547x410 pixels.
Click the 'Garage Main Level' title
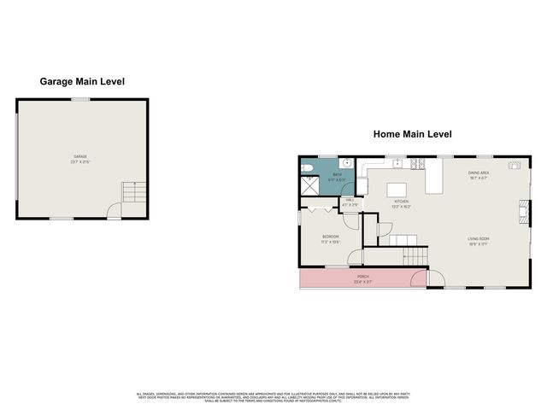click(83, 82)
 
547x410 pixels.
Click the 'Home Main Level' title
click(411, 134)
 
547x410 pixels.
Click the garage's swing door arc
click(114, 211)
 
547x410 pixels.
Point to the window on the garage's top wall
click(81, 99)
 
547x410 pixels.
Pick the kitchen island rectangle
click(396, 189)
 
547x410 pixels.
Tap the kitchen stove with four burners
click(416, 163)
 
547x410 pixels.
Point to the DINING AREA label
click(477, 175)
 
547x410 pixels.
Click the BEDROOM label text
click(330, 237)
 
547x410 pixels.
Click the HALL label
click(350, 201)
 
